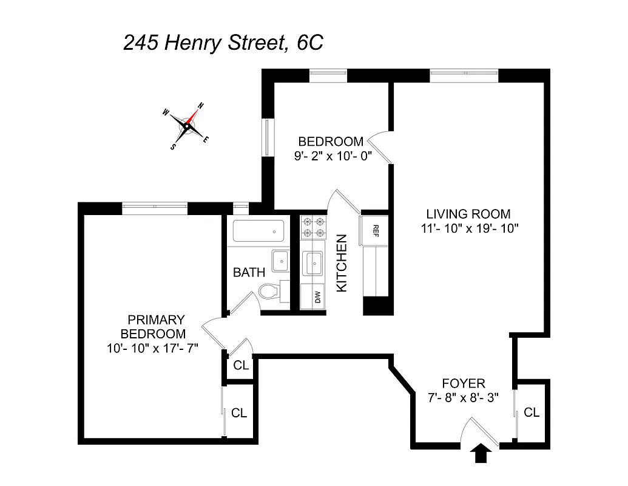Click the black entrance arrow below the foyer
(x=481, y=453)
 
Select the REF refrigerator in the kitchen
(x=375, y=230)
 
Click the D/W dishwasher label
(x=316, y=297)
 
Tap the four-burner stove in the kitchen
(x=314, y=227)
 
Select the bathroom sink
(x=281, y=261)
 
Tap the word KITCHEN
(x=342, y=263)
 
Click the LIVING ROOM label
(x=468, y=214)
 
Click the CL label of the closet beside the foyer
(x=532, y=412)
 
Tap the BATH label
(x=249, y=272)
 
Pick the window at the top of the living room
(x=464, y=75)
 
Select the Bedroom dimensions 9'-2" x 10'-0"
(x=331, y=156)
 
